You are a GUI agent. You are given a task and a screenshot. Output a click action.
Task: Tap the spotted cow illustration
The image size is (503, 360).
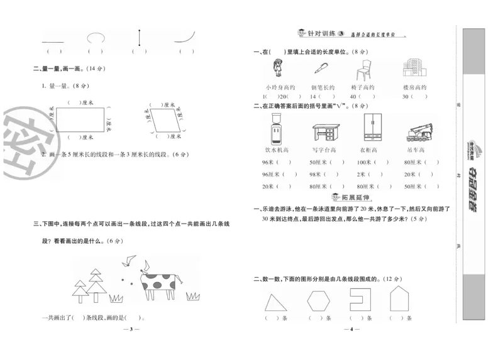[158, 282]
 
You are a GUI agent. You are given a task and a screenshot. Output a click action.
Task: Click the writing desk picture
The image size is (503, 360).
[326, 132]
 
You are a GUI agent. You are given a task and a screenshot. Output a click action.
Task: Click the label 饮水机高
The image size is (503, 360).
[276, 150]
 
